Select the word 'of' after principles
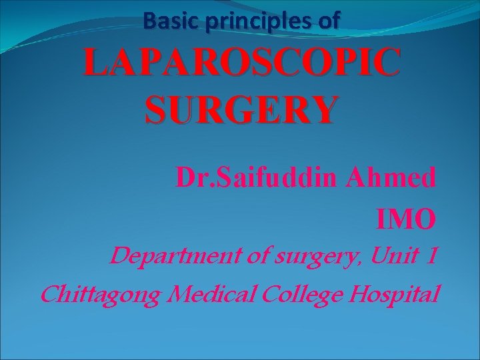click(x=329, y=22)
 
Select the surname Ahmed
click(x=397, y=179)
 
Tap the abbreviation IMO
click(x=407, y=218)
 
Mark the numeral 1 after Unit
click(x=431, y=256)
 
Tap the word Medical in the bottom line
click(x=211, y=293)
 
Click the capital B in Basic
click(x=149, y=22)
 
